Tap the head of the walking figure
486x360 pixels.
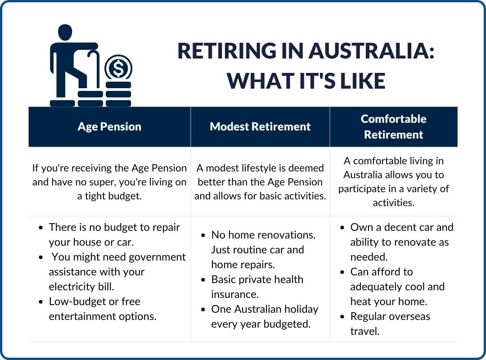65,32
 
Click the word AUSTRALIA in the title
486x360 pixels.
371,51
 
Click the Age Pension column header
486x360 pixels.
109,127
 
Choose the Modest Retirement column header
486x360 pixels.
260,126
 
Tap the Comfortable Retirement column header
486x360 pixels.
393,126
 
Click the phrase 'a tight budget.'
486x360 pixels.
109,196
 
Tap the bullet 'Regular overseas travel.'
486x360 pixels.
385,324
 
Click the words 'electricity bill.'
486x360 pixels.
81,287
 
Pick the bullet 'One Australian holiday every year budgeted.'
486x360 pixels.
260,317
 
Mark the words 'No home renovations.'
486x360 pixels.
263,235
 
